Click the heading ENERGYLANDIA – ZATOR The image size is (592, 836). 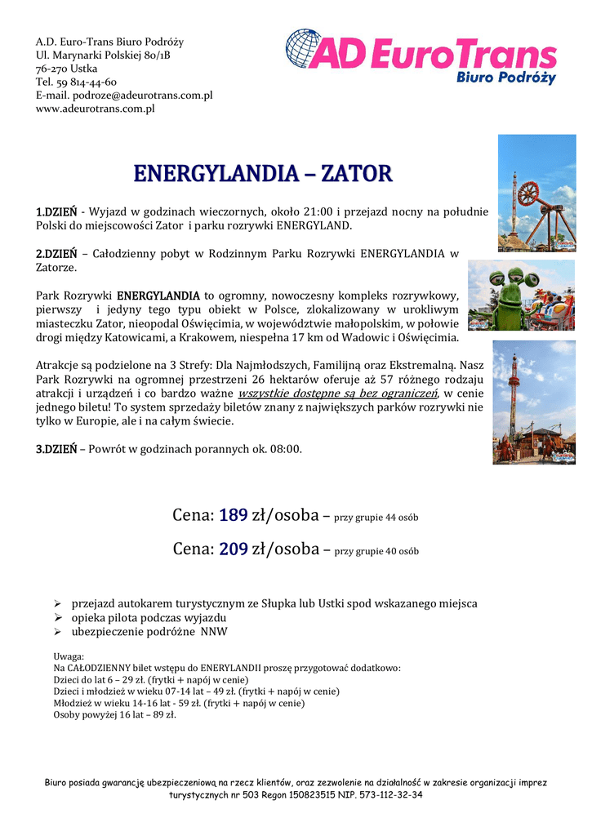click(263, 174)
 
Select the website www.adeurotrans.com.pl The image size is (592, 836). click(95, 108)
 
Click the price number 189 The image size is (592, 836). click(234, 515)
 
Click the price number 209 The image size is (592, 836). click(234, 549)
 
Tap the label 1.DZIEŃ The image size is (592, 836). click(56, 212)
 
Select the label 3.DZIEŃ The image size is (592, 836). click(56, 449)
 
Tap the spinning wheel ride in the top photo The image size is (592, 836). click(529, 193)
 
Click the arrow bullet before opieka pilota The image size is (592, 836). click(57, 618)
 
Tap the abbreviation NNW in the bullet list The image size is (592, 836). click(214, 632)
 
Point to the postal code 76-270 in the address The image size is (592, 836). click(51, 69)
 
